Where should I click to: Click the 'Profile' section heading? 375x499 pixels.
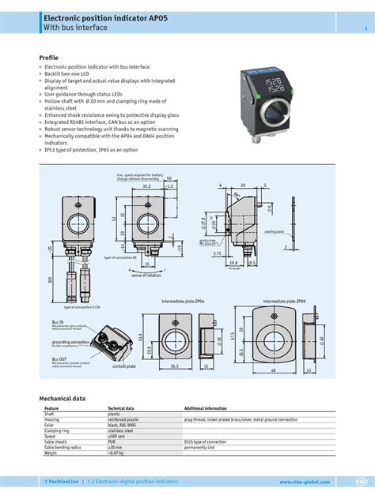pyautogui.click(x=49, y=58)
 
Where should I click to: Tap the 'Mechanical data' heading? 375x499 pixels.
pyautogui.click(x=67, y=399)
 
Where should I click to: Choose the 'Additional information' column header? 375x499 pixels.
pyautogui.click(x=206, y=409)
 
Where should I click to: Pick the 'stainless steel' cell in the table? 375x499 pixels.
pyautogui.click(x=123, y=430)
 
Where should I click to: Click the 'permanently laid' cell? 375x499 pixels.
pyautogui.click(x=202, y=447)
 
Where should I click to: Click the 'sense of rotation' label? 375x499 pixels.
pyautogui.click(x=146, y=276)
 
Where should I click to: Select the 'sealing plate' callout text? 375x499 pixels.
pyautogui.click(x=275, y=231)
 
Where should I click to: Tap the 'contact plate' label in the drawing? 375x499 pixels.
pyautogui.click(x=123, y=366)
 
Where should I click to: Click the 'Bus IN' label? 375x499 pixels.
pyautogui.click(x=58, y=322)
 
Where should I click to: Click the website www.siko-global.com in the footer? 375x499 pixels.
pyautogui.click(x=304, y=481)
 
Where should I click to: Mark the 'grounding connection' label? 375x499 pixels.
pyautogui.click(x=69, y=341)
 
